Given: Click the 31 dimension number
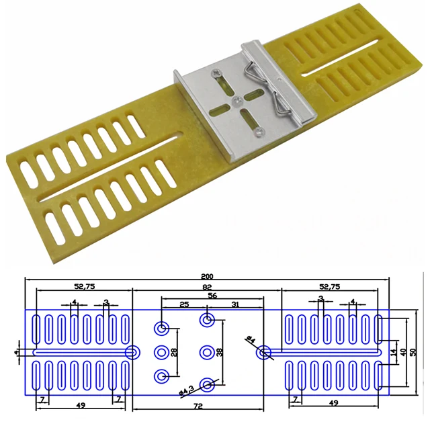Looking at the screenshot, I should pos(234,305).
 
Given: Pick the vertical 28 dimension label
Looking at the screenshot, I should pos(175,351).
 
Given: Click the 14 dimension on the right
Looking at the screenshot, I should pos(393,351).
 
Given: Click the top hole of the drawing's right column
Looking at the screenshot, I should pos(207,317).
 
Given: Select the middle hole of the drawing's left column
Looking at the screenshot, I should pos(162,351).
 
